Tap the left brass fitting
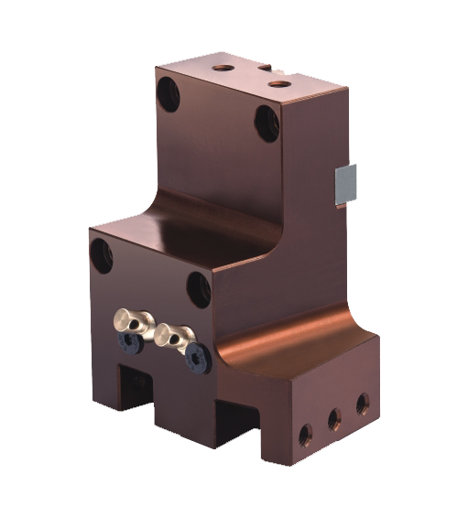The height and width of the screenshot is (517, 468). point(130,319)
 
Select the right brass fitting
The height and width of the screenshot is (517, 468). point(173,334)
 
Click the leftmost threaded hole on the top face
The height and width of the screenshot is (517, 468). point(221,67)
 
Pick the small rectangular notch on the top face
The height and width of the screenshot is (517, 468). point(264,67)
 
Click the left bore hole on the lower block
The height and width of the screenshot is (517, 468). point(100,253)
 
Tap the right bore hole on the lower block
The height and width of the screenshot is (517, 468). point(199,289)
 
